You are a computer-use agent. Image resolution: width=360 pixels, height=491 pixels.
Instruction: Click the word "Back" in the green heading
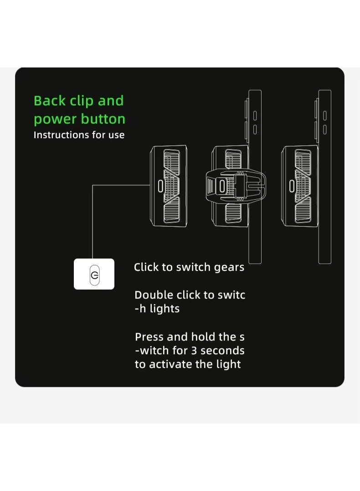50,101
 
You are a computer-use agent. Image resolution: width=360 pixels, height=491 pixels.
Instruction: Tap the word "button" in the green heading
103,119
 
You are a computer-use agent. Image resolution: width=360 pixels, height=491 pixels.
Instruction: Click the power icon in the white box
94,275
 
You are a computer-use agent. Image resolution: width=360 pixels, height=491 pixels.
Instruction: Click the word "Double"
154,295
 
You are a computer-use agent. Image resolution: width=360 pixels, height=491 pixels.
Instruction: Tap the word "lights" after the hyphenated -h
165,309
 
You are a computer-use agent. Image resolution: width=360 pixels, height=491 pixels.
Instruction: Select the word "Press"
149,337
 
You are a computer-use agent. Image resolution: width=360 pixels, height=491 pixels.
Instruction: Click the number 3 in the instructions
194,351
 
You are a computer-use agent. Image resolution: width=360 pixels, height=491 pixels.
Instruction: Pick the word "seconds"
222,351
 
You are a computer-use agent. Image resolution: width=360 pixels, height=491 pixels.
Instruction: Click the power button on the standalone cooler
160,186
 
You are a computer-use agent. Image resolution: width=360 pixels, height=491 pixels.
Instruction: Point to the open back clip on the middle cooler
236,186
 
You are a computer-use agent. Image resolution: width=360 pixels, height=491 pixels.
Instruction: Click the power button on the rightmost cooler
292,186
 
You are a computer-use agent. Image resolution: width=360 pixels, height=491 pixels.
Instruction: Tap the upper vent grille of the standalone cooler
171,162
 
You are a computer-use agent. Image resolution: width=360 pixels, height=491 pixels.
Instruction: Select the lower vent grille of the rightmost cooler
303,210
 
